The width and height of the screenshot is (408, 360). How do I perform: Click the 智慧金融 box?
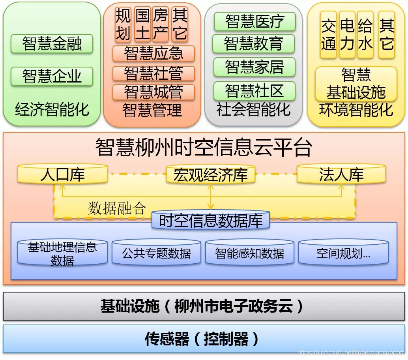(x=52, y=44)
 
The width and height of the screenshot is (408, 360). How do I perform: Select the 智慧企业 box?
(x=52, y=76)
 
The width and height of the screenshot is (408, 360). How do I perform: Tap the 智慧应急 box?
(x=153, y=54)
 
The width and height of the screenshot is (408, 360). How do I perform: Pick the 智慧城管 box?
(x=153, y=92)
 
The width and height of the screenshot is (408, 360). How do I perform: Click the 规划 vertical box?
(x=123, y=24)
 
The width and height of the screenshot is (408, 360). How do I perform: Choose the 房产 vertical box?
(x=161, y=24)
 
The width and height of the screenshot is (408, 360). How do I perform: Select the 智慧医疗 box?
(x=255, y=22)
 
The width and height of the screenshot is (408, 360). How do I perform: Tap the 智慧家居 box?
(x=255, y=67)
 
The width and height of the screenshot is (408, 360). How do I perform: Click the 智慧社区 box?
(x=255, y=91)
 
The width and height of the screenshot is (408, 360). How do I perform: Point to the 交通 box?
(x=328, y=35)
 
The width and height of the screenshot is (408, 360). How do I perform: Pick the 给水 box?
(x=365, y=35)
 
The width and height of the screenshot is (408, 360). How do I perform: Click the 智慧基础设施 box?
(x=356, y=84)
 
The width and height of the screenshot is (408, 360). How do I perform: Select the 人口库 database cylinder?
(x=62, y=174)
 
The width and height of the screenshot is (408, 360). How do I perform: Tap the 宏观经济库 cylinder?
(x=211, y=175)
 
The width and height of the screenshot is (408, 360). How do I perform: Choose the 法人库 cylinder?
(x=341, y=174)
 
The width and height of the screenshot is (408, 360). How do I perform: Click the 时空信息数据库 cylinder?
(x=211, y=221)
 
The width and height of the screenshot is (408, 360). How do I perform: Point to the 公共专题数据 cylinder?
(x=157, y=253)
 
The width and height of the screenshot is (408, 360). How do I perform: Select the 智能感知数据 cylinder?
(x=250, y=253)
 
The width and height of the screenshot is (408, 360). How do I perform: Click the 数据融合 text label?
(x=117, y=208)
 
